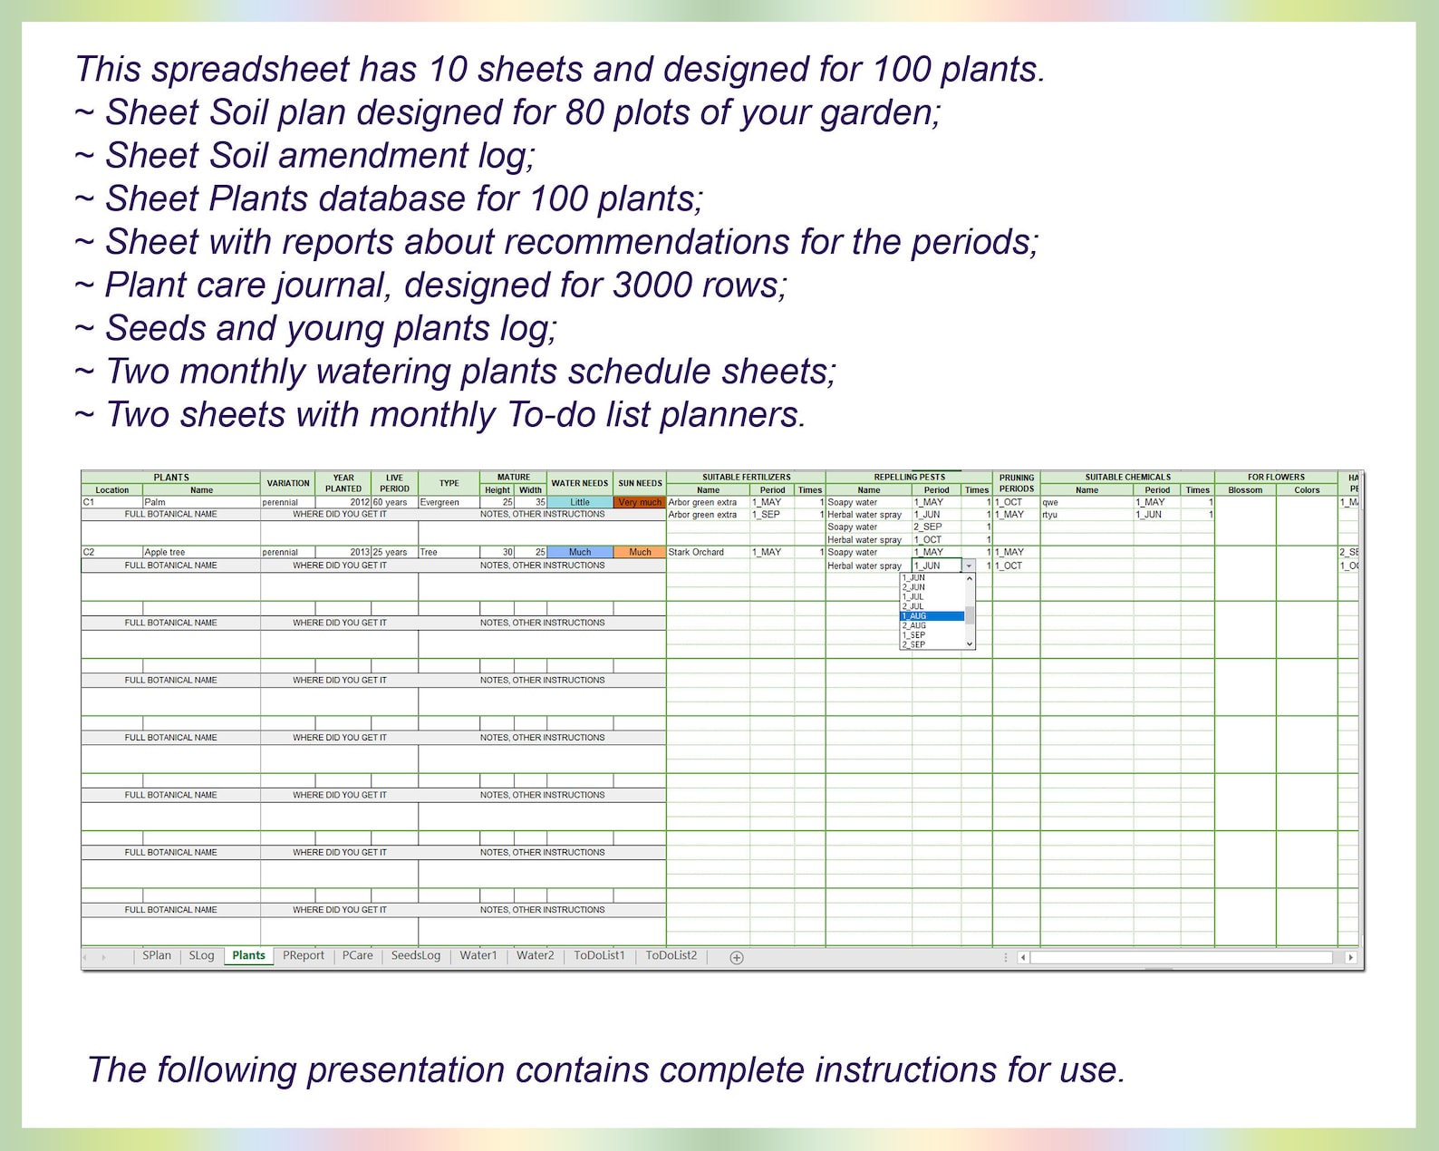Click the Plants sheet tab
point(248,955)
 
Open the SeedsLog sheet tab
point(415,955)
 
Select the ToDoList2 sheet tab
point(671,955)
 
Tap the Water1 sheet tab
point(478,955)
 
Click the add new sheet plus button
point(737,957)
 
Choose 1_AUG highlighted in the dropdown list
point(932,616)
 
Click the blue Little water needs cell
point(580,502)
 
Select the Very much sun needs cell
point(640,502)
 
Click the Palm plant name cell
point(200,502)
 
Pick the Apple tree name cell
point(200,552)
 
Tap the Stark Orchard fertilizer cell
point(708,552)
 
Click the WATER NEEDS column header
point(580,483)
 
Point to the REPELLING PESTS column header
point(909,477)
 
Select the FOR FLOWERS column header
point(1276,477)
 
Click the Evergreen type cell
point(449,502)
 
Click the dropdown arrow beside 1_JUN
point(969,566)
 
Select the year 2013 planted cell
point(343,552)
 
